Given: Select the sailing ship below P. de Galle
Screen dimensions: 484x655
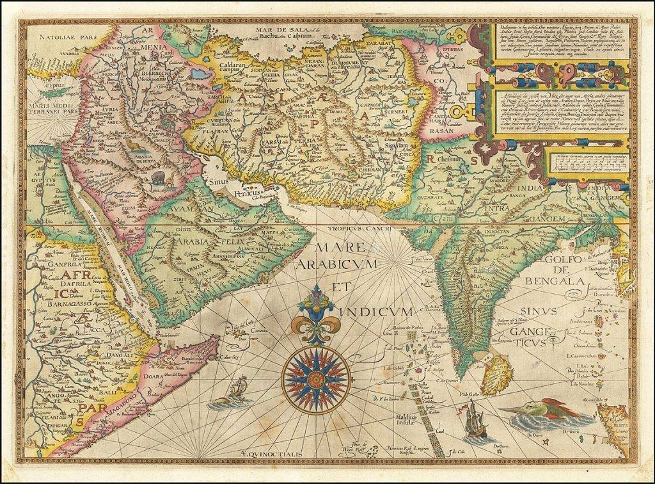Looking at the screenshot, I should (475, 421).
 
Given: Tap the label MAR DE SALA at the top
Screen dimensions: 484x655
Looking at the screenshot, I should (276, 30).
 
